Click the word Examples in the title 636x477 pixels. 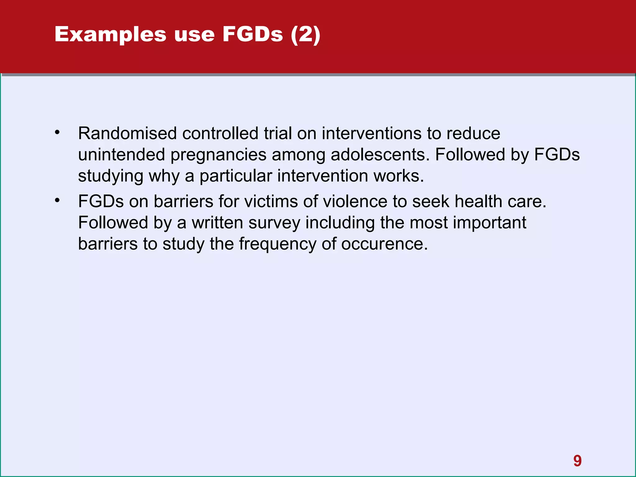tap(111, 34)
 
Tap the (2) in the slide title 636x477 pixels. tap(305, 34)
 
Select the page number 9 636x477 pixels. tap(577, 461)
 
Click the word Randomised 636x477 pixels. tap(127, 134)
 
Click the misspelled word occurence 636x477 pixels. tap(384, 244)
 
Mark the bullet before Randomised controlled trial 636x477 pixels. tap(57, 133)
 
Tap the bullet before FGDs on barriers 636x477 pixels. tap(57, 201)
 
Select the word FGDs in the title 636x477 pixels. tap(252, 34)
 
